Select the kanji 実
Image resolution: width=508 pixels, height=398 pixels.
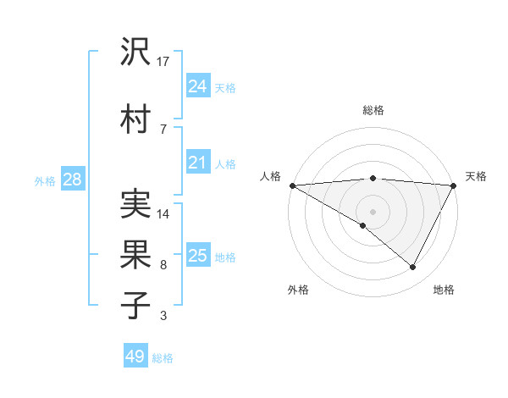(136, 203)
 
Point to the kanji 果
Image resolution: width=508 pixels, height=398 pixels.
(136, 252)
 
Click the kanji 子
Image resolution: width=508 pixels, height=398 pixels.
(136, 302)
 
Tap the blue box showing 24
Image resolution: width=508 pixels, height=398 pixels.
(198, 86)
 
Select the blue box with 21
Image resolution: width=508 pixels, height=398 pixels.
(198, 162)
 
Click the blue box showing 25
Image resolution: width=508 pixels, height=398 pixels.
(198, 255)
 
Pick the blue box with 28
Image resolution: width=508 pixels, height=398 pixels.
(72, 179)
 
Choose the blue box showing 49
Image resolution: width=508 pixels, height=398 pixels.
(135, 357)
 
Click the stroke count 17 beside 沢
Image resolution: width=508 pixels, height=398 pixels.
(163, 61)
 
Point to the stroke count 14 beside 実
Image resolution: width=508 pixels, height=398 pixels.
(163, 214)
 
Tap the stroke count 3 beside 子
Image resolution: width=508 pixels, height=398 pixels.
(163, 316)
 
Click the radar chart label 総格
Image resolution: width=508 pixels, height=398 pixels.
(373, 110)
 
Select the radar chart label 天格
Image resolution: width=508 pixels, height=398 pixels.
(476, 176)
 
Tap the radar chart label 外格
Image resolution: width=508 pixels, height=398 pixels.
(298, 290)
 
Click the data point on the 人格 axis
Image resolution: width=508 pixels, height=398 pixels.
(292, 185)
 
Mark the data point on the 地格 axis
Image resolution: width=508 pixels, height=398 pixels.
(413, 268)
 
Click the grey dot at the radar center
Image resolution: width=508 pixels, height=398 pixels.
(373, 211)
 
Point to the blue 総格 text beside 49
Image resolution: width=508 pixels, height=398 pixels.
(163, 358)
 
